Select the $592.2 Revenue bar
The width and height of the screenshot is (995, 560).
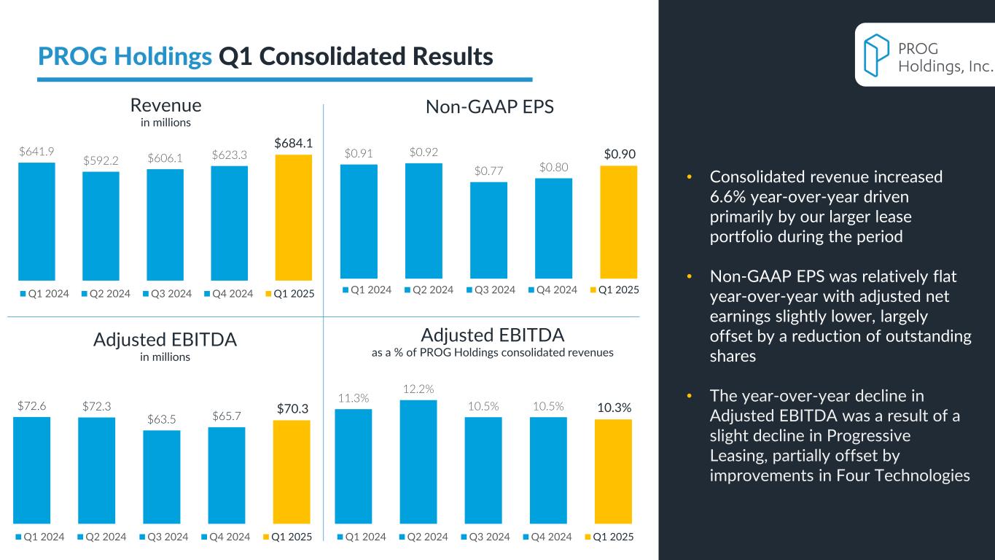coord(101,225)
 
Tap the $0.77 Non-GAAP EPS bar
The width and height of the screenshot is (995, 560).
coord(488,230)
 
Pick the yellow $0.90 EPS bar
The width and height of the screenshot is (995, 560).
coord(618,222)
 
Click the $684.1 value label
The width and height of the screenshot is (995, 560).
coord(293,144)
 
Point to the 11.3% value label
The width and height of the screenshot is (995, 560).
coord(353,398)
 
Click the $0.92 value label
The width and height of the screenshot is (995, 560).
coord(424,152)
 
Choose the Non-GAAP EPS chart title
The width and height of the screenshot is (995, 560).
coord(490,107)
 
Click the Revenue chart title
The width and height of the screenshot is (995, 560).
coord(165,106)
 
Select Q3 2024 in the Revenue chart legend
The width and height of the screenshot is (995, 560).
coord(173,294)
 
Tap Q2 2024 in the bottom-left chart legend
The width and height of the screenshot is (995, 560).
coord(106,537)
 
